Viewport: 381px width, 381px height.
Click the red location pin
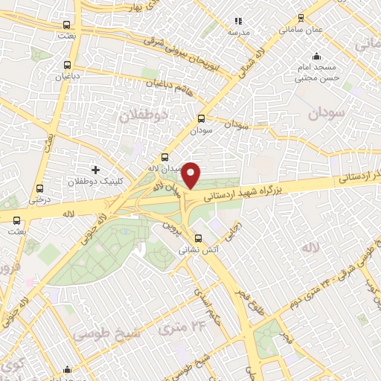(191, 174)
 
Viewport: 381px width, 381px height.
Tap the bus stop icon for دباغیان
(68, 65)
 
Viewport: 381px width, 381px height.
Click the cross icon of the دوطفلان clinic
(95, 170)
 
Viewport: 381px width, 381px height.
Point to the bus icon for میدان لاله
(165, 158)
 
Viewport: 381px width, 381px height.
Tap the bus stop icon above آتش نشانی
(198, 240)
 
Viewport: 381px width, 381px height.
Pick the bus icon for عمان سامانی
(301, 19)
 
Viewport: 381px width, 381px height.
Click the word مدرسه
(238, 33)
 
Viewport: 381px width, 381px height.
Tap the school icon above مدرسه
(238, 22)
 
